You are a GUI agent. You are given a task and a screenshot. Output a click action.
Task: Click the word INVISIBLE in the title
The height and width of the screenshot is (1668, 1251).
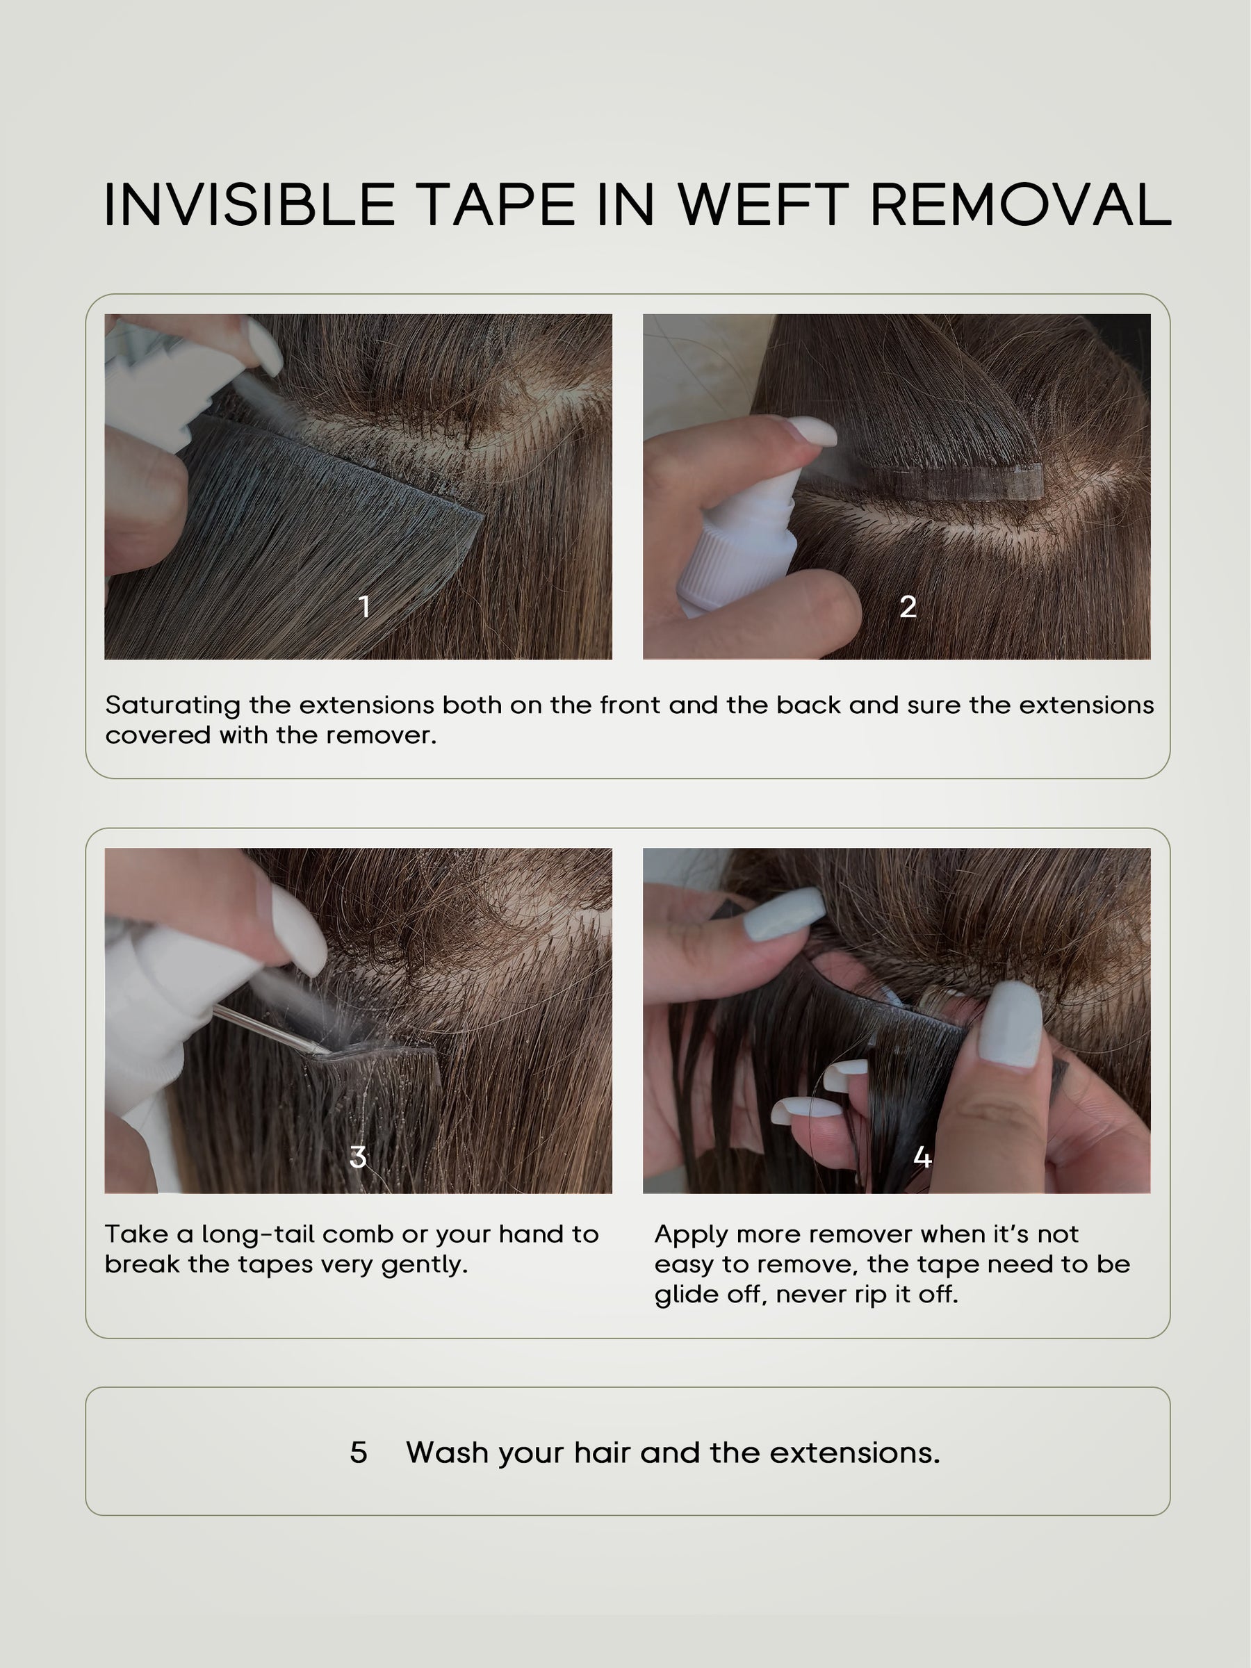250,204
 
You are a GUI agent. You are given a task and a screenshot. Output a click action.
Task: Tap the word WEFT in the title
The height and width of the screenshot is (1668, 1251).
762,204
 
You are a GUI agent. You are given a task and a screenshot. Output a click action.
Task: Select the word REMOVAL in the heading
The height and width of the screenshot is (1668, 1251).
1021,204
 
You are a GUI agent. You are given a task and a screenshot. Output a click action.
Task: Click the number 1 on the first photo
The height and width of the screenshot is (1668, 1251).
365,606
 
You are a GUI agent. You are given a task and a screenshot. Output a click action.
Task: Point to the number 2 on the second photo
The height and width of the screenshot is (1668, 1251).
908,606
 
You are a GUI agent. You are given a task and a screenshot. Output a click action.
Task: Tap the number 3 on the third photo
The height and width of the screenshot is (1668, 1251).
358,1156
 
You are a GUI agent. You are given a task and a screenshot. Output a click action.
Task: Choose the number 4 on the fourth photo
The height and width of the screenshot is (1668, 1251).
922,1156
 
